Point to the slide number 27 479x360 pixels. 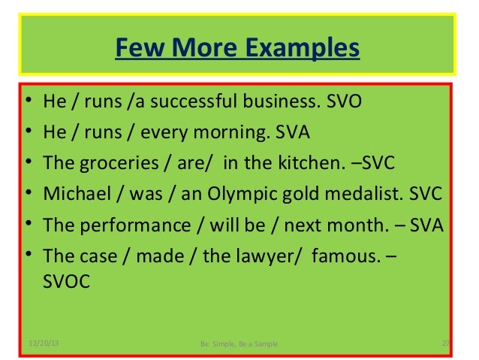445,343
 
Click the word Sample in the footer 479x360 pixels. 263,344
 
